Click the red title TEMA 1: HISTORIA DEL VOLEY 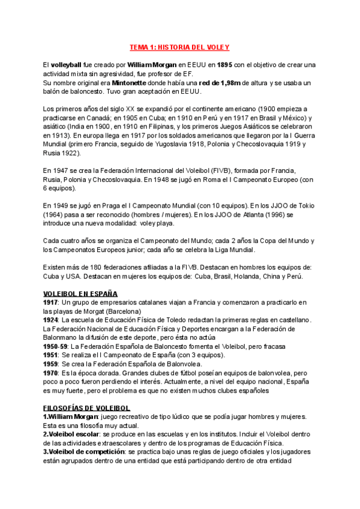click(180, 47)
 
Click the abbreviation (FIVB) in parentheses click(210, 170)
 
